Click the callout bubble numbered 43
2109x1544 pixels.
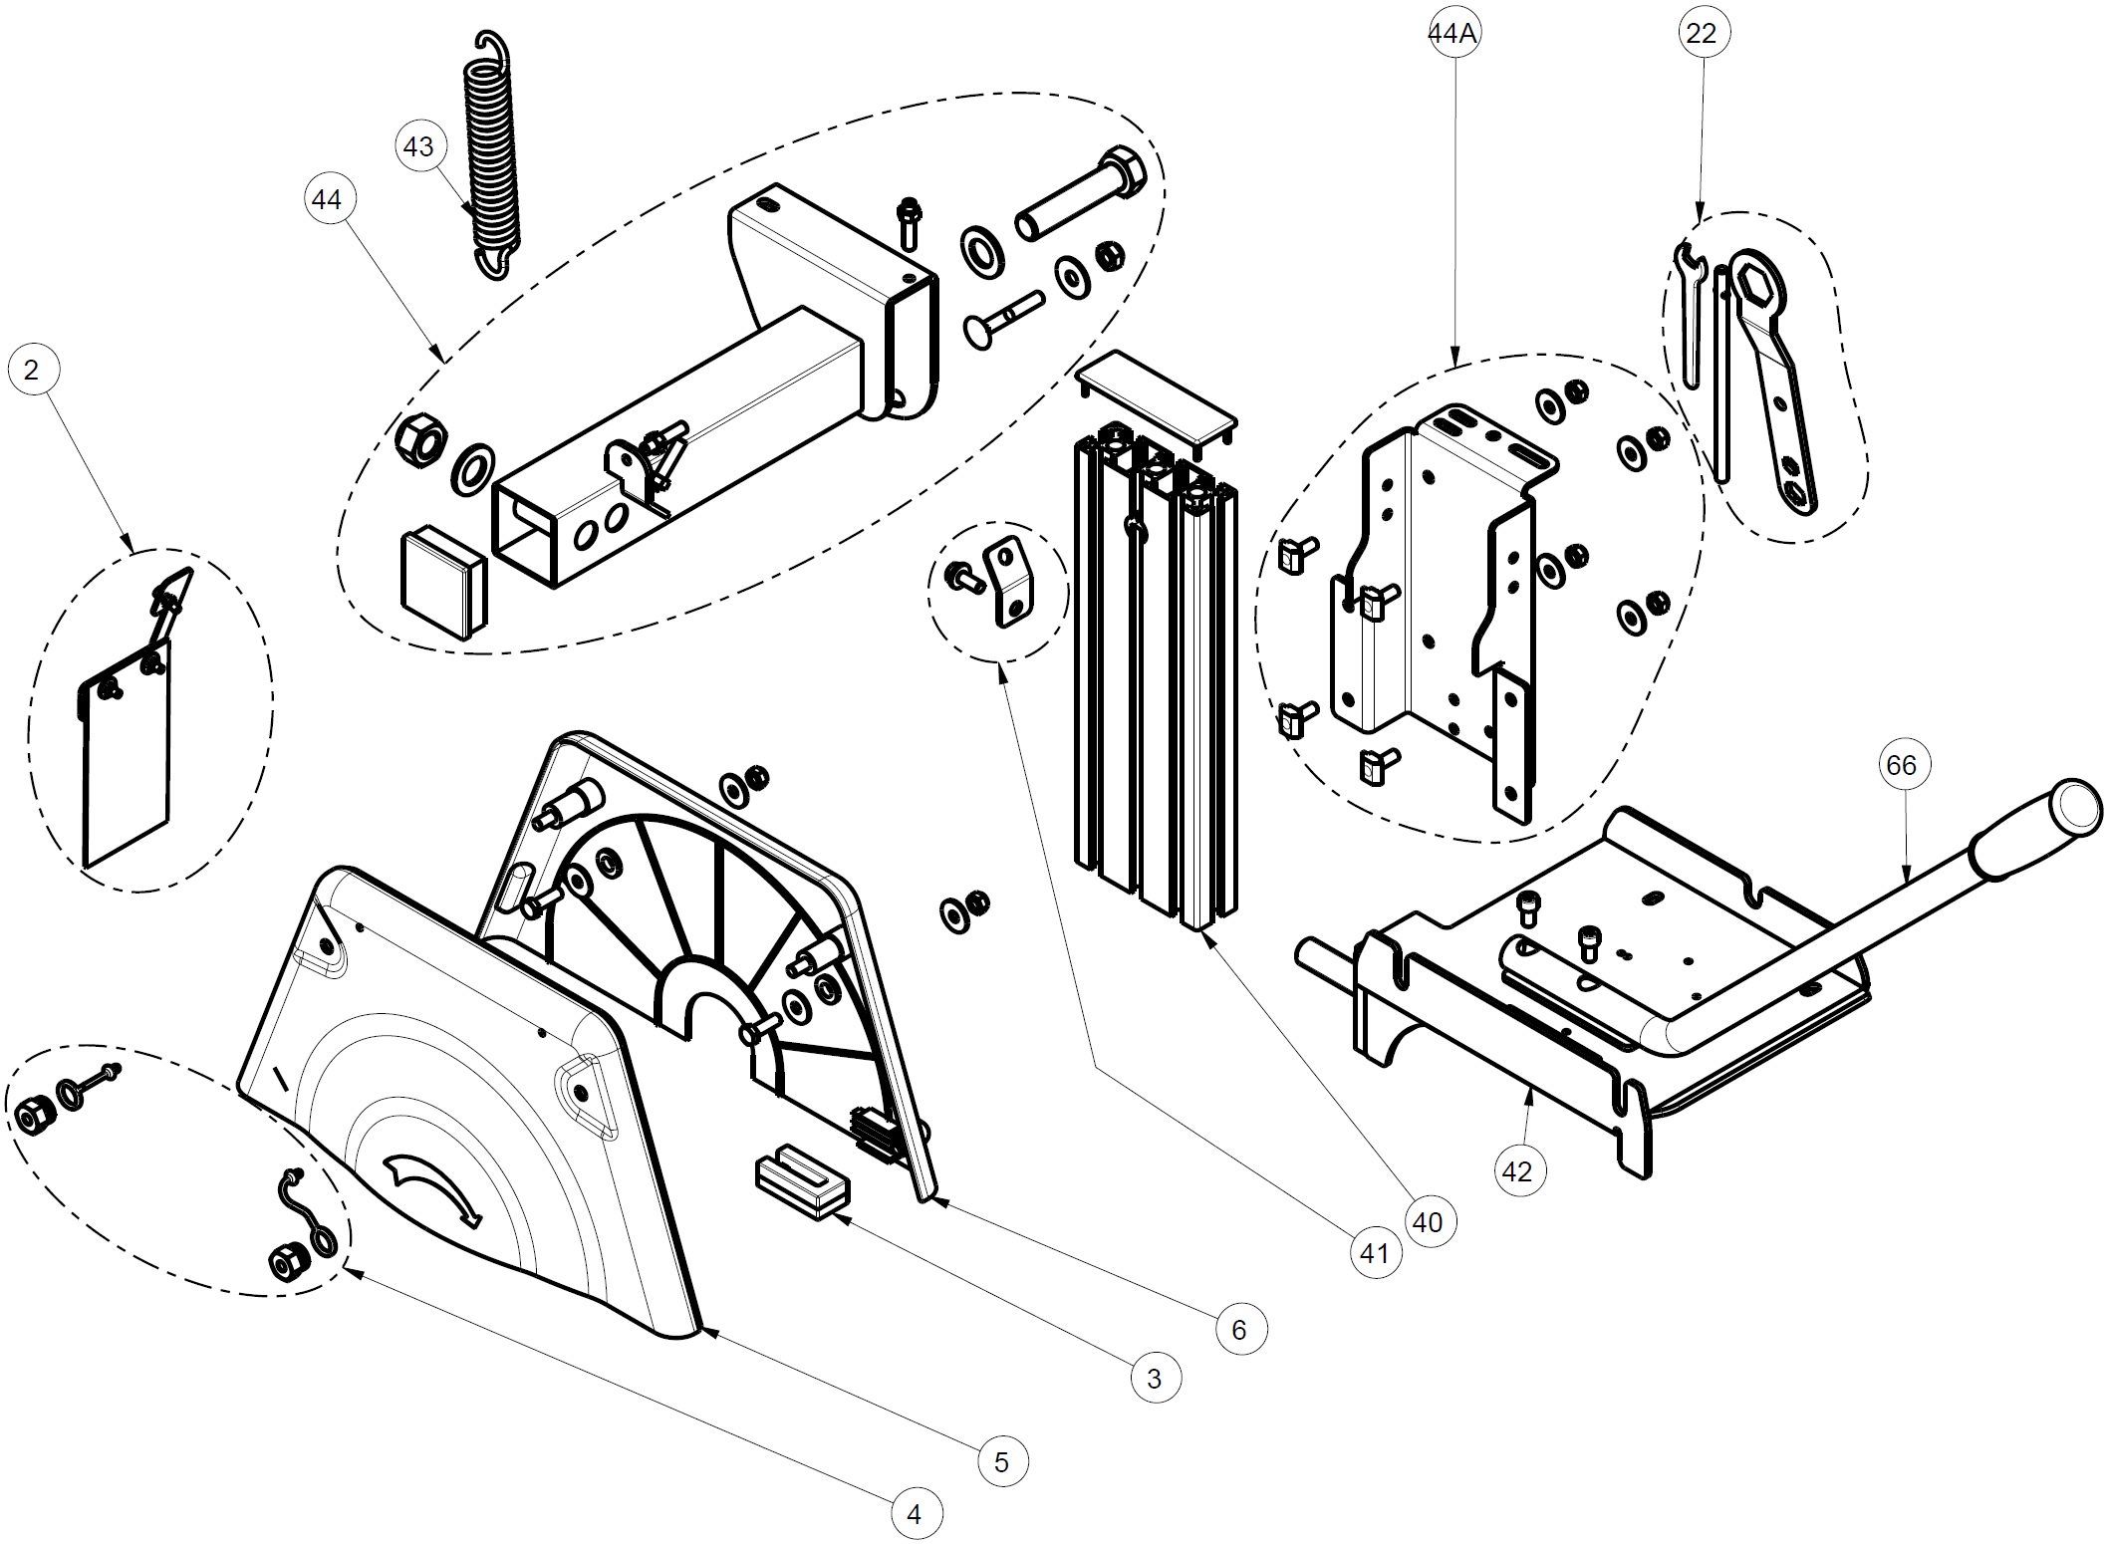418,146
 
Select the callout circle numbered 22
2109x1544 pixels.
1702,34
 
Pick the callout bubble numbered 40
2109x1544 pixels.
1428,1222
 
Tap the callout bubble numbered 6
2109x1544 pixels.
1239,1329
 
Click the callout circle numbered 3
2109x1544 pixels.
1155,1379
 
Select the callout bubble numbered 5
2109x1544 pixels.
1001,1461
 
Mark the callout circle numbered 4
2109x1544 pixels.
915,1515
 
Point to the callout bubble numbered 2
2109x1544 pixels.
32,371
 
